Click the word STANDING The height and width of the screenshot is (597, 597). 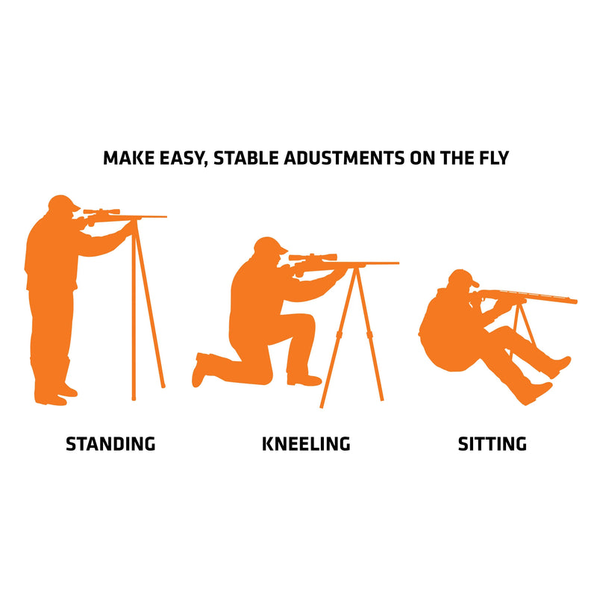pyautogui.click(x=110, y=444)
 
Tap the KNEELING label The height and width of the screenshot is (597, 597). pyautogui.click(x=306, y=444)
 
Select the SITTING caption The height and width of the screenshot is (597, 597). pyautogui.click(x=493, y=444)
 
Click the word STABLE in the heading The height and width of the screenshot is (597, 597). pyautogui.click(x=246, y=158)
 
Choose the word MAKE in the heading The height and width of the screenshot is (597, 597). pyautogui.click(x=125, y=158)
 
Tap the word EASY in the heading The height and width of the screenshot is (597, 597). pyautogui.click(x=178, y=159)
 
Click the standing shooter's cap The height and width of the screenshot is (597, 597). pyautogui.click(x=63, y=202)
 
